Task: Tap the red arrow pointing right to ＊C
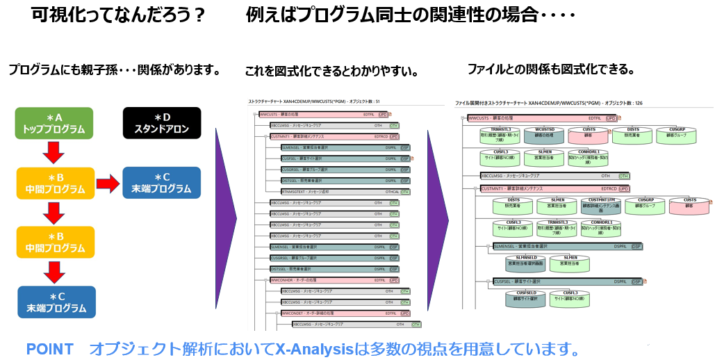click(107, 183)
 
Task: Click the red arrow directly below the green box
click(54, 152)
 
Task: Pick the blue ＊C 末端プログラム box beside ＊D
click(161, 183)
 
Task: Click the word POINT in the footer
click(49, 349)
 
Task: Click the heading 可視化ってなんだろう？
click(118, 15)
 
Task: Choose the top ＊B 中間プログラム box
click(54, 183)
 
